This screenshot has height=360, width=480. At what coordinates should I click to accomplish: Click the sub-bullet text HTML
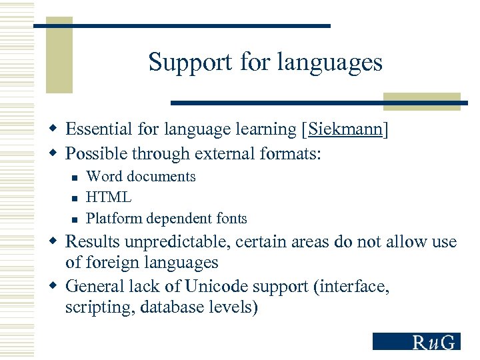click(x=109, y=197)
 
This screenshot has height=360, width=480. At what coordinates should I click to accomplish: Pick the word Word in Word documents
click(x=104, y=177)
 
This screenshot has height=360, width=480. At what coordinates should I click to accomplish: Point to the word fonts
click(x=230, y=218)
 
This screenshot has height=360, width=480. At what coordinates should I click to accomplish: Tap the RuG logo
click(x=416, y=341)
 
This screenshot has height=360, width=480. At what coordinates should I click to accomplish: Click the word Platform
click(x=115, y=218)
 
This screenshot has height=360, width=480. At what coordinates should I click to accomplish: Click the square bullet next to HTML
click(x=75, y=198)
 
